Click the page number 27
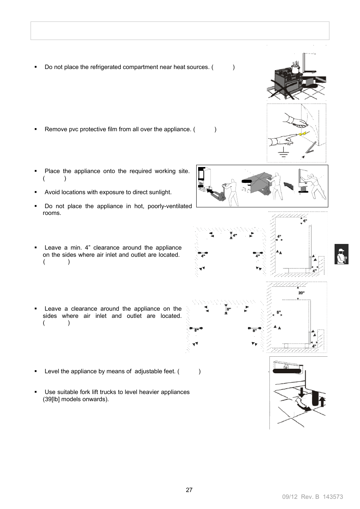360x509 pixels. point(189,490)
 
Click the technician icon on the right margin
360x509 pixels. point(341,254)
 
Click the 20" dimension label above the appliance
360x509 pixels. point(301,293)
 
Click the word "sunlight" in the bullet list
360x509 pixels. point(159,192)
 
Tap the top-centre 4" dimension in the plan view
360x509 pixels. point(234,235)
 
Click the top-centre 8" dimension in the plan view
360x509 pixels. point(228,309)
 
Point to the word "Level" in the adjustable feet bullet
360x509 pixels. point(52,371)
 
